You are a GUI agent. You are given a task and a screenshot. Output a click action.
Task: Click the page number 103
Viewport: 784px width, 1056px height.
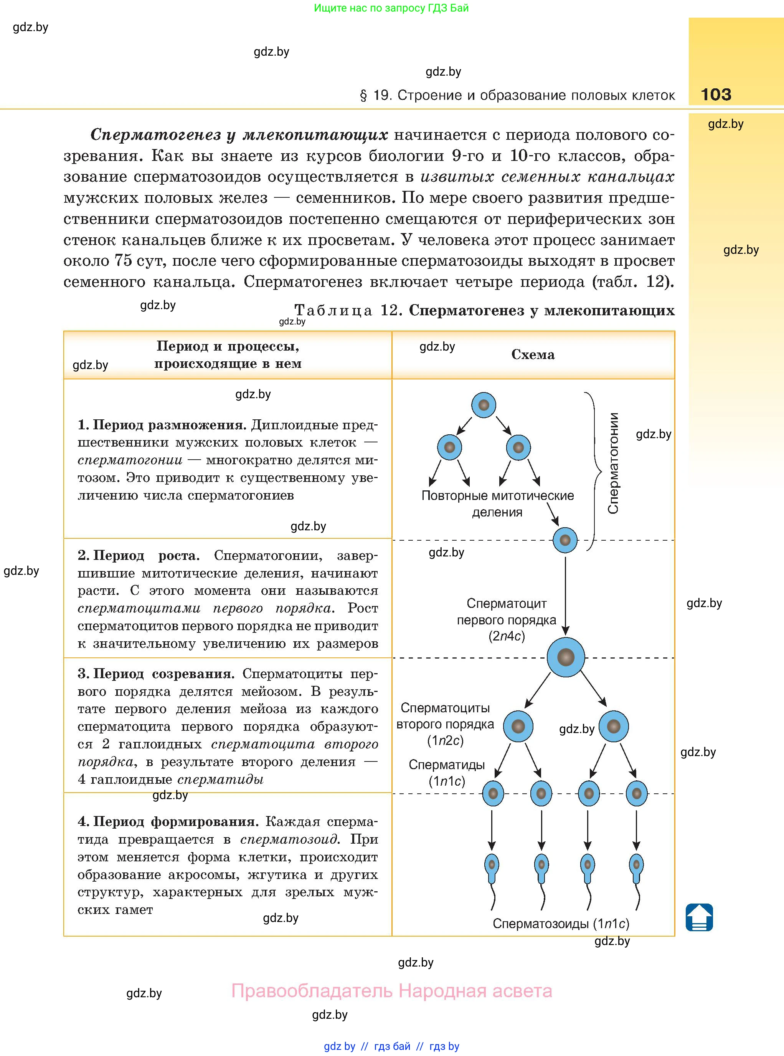716,94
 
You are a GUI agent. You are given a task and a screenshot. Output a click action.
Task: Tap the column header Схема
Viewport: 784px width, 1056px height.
533,355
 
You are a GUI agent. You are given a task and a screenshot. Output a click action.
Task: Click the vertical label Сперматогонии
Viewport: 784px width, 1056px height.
613,463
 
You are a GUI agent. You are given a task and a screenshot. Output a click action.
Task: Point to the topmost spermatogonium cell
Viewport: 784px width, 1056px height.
484,405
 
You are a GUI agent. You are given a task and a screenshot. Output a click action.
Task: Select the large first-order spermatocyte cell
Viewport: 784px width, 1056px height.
565,657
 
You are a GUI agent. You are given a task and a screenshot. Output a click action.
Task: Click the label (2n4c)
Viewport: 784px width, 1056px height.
507,636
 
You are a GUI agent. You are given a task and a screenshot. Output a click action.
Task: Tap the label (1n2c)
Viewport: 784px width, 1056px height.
445,741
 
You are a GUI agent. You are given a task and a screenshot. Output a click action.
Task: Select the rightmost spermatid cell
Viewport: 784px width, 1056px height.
636,793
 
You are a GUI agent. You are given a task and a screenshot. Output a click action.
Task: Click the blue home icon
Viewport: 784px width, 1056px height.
699,917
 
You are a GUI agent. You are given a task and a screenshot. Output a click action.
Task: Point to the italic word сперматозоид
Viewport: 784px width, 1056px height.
289,839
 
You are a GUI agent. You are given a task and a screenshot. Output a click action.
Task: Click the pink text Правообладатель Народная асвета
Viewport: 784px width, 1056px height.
391,991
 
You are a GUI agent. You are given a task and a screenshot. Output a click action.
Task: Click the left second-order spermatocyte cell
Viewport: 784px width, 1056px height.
518,726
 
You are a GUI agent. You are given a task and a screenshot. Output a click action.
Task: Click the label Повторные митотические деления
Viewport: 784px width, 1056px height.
497,504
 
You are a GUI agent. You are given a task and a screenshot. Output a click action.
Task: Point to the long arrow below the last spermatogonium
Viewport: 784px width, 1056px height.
565,596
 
